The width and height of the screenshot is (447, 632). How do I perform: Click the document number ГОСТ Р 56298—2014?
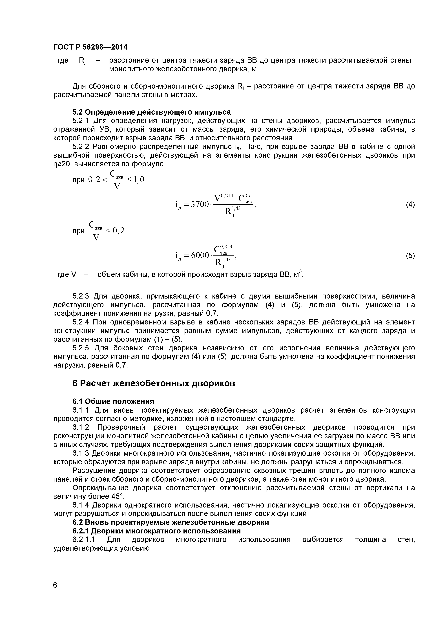(90, 47)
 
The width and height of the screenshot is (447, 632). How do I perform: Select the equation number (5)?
(410, 256)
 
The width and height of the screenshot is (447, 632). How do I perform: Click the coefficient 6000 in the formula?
(200, 256)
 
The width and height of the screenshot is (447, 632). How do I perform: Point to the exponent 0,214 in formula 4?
(227, 195)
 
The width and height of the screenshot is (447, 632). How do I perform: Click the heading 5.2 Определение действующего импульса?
(151, 112)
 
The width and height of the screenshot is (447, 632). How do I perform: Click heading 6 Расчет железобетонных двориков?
(154, 383)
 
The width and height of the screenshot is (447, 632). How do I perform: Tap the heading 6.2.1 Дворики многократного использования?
(156, 531)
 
